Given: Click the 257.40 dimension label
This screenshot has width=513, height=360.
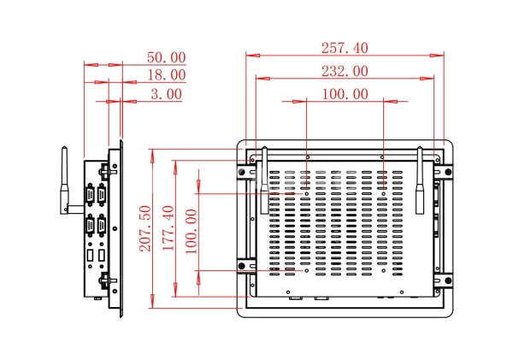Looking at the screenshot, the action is pos(345,48).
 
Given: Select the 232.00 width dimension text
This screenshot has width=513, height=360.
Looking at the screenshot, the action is pos(345,71).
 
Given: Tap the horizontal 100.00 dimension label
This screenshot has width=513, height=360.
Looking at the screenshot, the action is pos(345,94).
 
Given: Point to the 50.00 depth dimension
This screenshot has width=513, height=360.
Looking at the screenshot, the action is pos(166,57).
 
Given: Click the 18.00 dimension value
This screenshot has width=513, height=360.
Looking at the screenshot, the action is pos(167,75).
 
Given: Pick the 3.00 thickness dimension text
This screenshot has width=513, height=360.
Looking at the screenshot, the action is pos(166,94).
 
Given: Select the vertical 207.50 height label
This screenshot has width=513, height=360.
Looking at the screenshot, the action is pos(145,228).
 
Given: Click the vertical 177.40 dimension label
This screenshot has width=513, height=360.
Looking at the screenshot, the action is pos(168,228).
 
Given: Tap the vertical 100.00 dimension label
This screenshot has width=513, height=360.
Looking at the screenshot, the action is pos(192,232).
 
